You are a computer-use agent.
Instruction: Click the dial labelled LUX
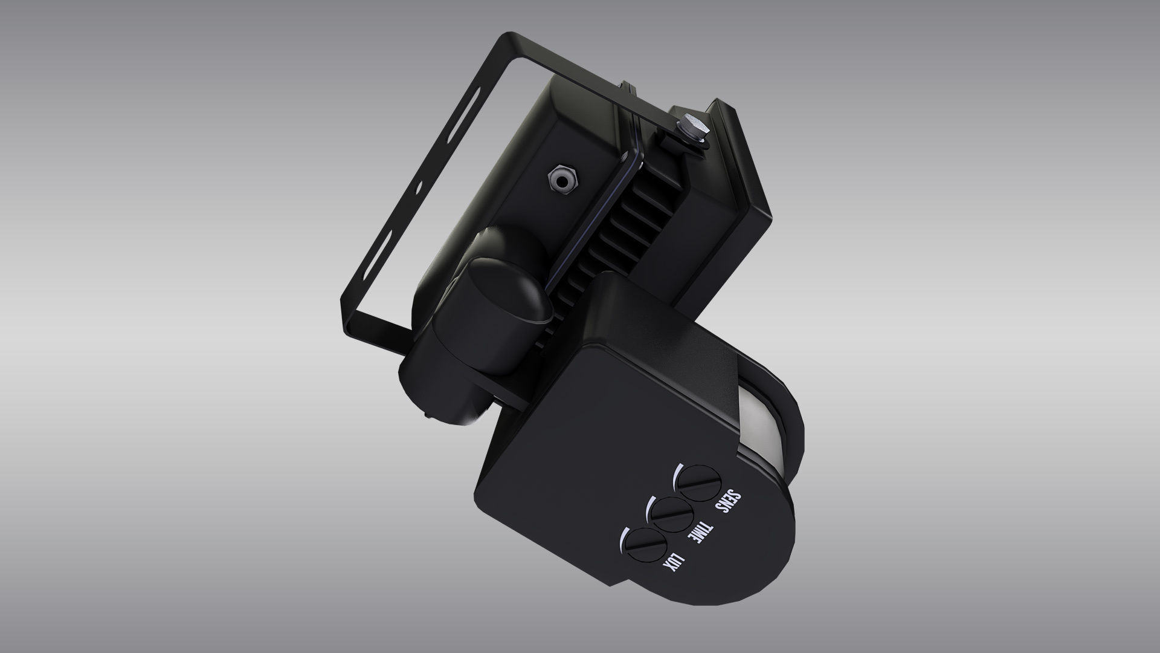(646, 548)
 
